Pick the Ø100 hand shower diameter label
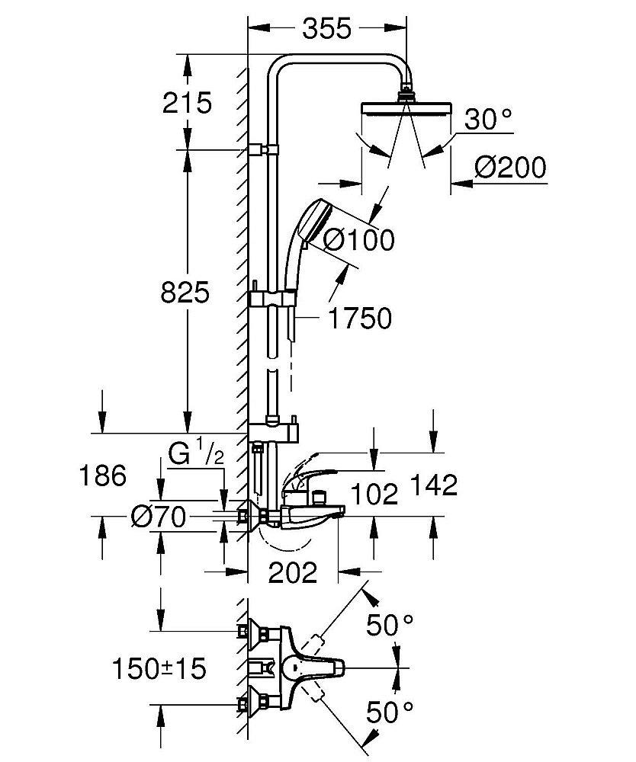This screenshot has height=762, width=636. pyautogui.click(x=358, y=240)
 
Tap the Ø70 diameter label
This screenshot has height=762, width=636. pyautogui.click(x=158, y=518)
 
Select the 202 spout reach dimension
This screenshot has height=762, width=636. pyautogui.click(x=292, y=571)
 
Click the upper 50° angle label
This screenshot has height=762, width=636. pyautogui.click(x=390, y=626)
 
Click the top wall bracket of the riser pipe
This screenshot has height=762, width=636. pyautogui.click(x=262, y=149)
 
